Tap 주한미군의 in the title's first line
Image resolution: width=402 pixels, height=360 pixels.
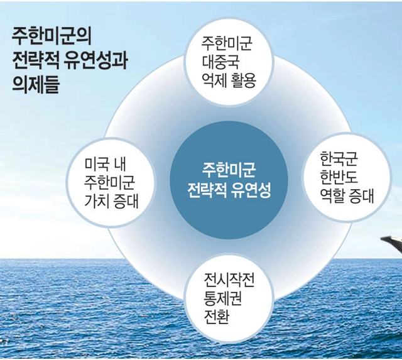pos(52,36)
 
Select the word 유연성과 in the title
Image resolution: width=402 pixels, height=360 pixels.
pos(95,60)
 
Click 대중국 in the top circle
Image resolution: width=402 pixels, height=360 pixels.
pos(220,62)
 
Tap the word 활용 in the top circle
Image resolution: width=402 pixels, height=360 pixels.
pos(244,80)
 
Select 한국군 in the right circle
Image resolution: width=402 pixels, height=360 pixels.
pos(339,159)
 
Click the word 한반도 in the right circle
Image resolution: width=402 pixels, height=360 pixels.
pos(339,177)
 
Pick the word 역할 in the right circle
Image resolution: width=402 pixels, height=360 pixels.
pos(332,196)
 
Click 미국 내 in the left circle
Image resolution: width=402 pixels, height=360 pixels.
pos(105,165)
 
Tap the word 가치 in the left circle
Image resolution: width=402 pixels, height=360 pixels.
pos(97,202)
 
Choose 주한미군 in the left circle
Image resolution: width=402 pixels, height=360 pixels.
pos(109,183)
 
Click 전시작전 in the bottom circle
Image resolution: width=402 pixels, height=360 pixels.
pos(229,280)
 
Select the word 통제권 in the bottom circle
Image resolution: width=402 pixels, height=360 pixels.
pos(222,298)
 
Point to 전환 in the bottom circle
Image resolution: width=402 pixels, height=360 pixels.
pos(216,317)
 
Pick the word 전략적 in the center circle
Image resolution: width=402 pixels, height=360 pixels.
pos(207,190)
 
